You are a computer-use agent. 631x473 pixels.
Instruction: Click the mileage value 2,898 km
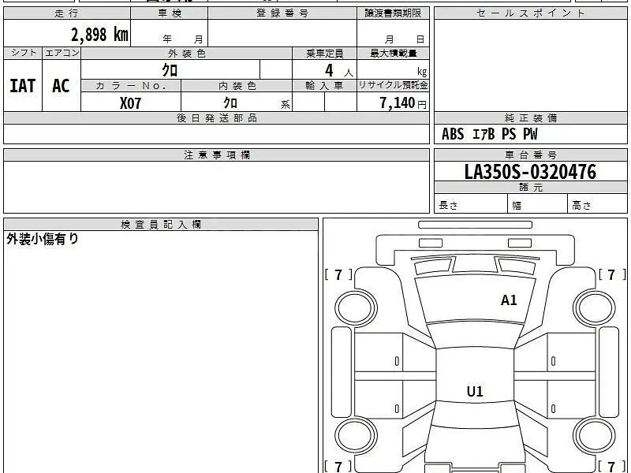pyautogui.click(x=99, y=35)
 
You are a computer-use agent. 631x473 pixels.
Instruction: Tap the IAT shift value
pyautogui.click(x=23, y=86)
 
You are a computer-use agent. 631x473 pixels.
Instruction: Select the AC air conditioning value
pyautogui.click(x=62, y=86)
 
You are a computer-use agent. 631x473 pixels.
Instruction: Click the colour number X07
pyautogui.click(x=130, y=103)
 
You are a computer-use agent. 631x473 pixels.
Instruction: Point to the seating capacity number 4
pyautogui.click(x=329, y=70)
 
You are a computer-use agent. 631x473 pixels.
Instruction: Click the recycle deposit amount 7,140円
pyautogui.click(x=403, y=103)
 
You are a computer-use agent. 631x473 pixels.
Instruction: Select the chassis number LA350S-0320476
pyautogui.click(x=530, y=172)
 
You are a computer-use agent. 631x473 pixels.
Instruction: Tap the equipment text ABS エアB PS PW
pyautogui.click(x=489, y=134)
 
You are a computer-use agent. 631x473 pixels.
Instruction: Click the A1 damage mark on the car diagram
pyautogui.click(x=509, y=300)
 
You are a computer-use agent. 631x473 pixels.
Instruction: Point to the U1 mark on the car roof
pyautogui.click(x=475, y=391)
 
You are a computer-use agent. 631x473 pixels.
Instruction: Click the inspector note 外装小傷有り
pyautogui.click(x=43, y=239)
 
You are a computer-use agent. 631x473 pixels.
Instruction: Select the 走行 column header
pyautogui.click(x=66, y=13)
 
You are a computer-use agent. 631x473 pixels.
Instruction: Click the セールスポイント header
pyautogui.click(x=530, y=13)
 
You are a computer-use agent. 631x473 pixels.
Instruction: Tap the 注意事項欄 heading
pyautogui.click(x=217, y=155)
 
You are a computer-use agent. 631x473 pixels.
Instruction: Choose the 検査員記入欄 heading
pyautogui.click(x=161, y=225)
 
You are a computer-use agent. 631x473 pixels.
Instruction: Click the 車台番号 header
pyautogui.click(x=531, y=155)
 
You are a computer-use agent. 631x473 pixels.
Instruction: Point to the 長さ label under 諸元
pyautogui.click(x=448, y=205)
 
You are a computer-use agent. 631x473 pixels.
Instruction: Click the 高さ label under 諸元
pyautogui.click(x=581, y=205)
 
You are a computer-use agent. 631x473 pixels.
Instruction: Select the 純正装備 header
pyautogui.click(x=531, y=117)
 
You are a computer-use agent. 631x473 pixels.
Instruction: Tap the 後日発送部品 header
pyautogui.click(x=217, y=117)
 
